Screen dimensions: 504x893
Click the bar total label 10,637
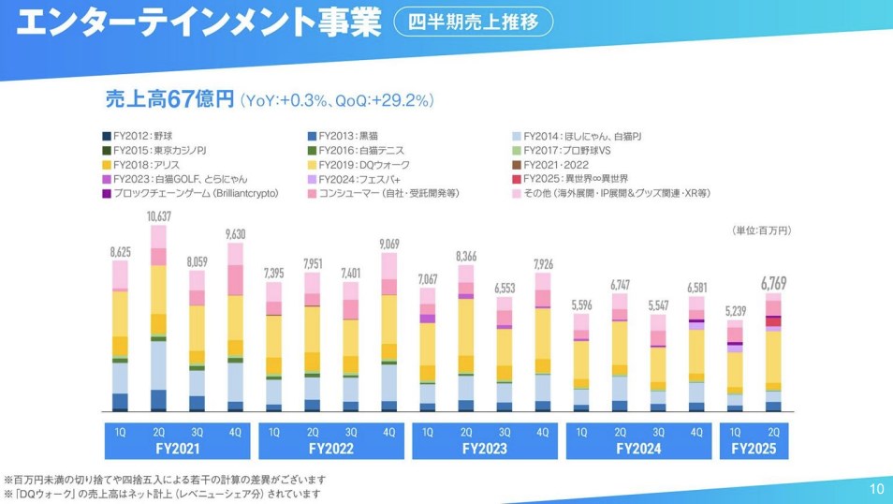click(x=157, y=217)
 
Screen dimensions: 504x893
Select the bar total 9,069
click(x=388, y=245)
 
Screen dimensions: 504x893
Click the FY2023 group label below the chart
click(x=483, y=448)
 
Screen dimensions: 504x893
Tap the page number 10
click(x=876, y=488)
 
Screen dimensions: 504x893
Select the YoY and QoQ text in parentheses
click(x=336, y=100)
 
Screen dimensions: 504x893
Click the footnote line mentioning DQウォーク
click(x=163, y=493)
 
